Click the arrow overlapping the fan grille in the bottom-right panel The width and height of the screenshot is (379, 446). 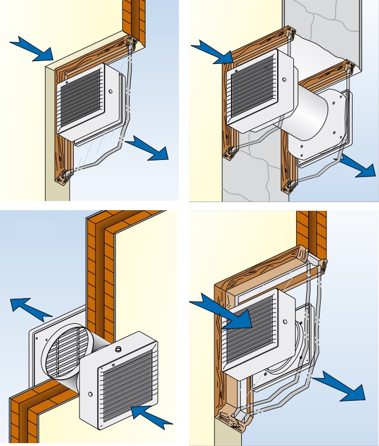point(226,313)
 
